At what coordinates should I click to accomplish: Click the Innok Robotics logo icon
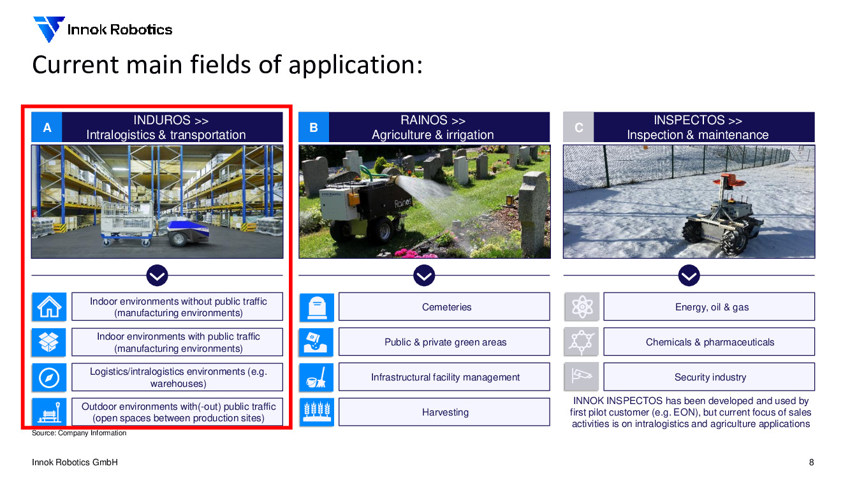tap(48, 29)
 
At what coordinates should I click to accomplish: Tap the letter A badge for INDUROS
tap(47, 127)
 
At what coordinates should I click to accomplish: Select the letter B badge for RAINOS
tap(314, 127)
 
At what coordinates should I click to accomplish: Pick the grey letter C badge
tap(578, 127)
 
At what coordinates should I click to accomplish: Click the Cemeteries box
tap(444, 307)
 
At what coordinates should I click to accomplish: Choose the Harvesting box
tap(444, 412)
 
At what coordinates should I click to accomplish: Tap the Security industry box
tap(709, 377)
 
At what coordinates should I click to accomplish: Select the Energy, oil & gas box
tap(709, 307)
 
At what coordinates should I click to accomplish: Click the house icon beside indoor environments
tap(49, 307)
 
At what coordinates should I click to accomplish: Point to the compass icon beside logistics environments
tap(49, 377)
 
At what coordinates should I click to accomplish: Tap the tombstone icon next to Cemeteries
tap(316, 307)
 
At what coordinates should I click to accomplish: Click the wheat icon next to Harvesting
tap(316, 412)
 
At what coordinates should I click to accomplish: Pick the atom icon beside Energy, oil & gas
tap(582, 307)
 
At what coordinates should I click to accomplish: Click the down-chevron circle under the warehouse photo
tap(157, 275)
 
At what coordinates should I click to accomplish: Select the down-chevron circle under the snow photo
tap(689, 275)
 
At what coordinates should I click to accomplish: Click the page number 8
tap(811, 462)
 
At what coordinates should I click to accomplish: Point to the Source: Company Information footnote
tap(79, 433)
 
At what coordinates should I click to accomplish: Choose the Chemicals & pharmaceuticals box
tap(709, 342)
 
